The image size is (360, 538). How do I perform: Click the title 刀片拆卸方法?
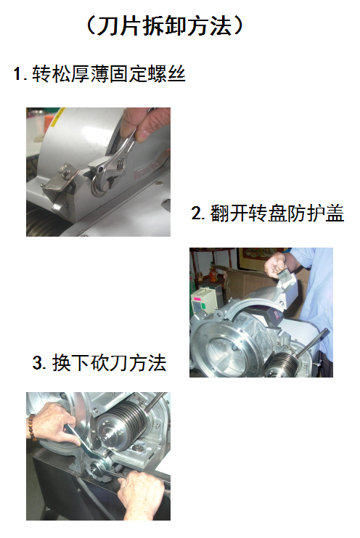[x=164, y=25]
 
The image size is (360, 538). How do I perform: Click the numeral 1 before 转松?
[x=17, y=74]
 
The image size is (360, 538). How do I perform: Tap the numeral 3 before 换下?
[x=37, y=363]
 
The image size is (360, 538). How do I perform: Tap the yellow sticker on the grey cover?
[x=57, y=115]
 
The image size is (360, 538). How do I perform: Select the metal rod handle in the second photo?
[x=311, y=343]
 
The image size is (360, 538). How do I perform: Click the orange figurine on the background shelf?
[x=213, y=274]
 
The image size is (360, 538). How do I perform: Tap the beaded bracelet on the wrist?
[x=32, y=428]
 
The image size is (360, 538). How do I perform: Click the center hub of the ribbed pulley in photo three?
[x=109, y=434]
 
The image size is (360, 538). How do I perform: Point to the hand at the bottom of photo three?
[x=141, y=494]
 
